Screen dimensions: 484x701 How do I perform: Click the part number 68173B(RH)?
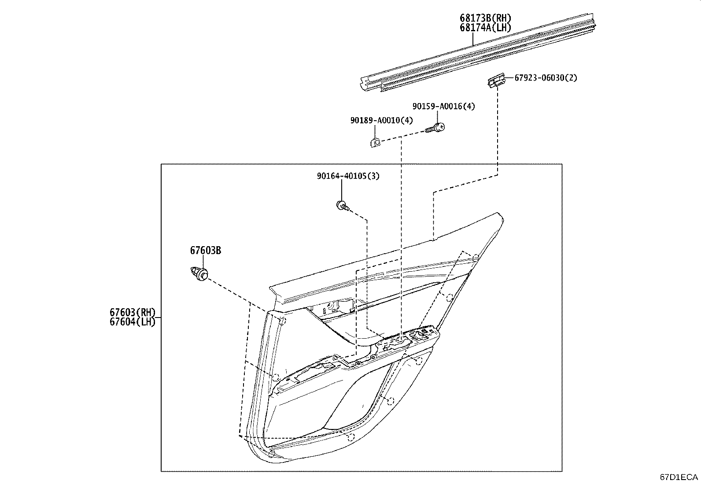486,18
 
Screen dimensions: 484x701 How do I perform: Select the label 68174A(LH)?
485,28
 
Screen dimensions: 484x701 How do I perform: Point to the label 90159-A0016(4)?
443,106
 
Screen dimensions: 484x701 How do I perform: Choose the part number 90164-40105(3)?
348,176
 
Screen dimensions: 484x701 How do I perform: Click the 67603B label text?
206,251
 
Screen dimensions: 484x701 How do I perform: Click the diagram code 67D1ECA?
679,477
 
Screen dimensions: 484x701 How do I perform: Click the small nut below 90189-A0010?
374,142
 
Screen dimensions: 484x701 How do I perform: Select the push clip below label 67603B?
199,273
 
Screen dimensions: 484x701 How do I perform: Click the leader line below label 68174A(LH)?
473,40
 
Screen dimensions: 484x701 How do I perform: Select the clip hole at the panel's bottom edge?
350,437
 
